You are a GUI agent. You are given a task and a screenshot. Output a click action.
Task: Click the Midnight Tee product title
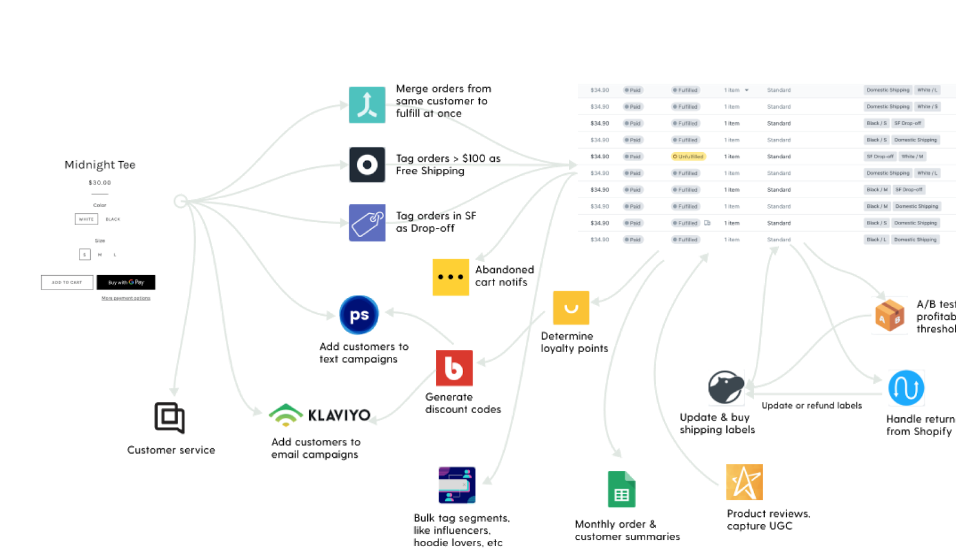pos(100,165)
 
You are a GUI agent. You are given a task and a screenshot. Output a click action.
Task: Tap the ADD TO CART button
pos(67,282)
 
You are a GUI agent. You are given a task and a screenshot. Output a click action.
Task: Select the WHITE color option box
pos(86,219)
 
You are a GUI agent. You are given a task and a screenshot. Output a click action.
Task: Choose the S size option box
pos(85,254)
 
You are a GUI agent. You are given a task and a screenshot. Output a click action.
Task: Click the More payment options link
pos(125,298)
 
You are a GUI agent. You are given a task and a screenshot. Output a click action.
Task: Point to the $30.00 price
pos(100,183)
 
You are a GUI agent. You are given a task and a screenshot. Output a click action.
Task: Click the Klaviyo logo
pos(324,413)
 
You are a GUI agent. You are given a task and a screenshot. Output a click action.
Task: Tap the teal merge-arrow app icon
pos(367,105)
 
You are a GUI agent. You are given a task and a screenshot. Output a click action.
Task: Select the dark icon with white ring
pos(367,165)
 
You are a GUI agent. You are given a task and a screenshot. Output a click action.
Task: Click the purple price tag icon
pos(367,223)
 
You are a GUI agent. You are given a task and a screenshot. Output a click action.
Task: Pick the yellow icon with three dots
pos(451,277)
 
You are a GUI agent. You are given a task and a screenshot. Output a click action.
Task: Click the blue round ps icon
pos(359,315)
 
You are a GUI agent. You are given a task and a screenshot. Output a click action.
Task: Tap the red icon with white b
pos(454,368)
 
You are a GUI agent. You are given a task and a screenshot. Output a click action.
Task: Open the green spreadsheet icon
pos(621,490)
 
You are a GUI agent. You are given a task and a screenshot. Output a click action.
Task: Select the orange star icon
pos(744,482)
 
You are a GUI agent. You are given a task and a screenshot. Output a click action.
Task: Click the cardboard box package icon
pos(889,315)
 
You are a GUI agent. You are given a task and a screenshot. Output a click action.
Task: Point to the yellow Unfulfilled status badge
pos(689,156)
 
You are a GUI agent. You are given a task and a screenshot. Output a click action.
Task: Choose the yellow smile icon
pos(571,308)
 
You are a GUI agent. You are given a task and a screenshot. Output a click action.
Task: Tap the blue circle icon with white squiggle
pos(906,388)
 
